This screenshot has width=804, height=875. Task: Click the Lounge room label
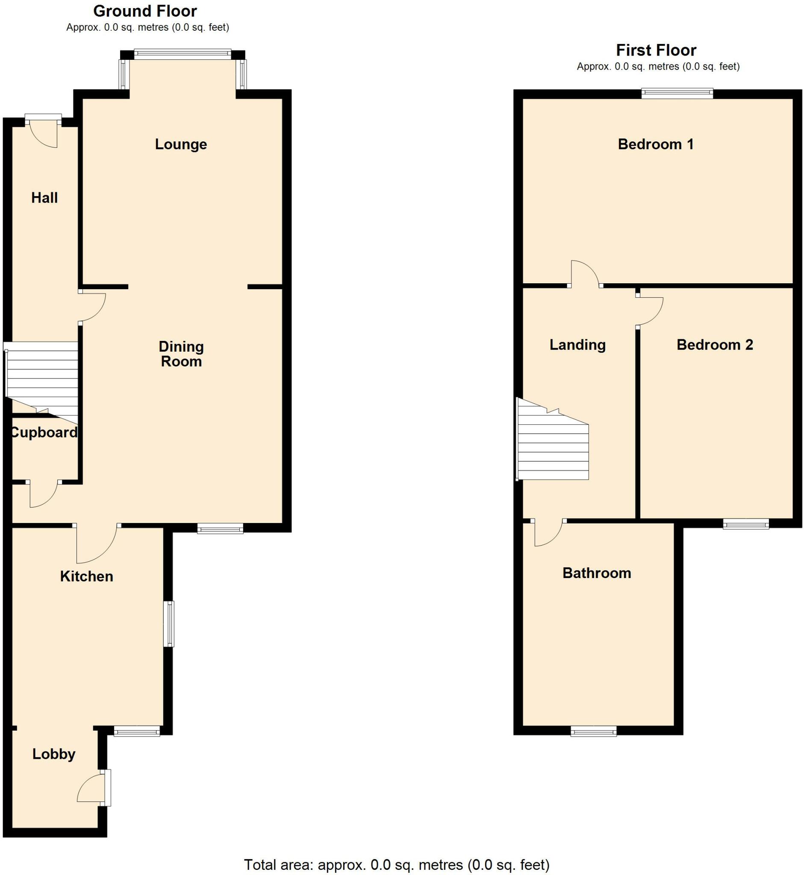pyautogui.click(x=180, y=144)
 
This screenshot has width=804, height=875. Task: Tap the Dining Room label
pyautogui.click(x=181, y=354)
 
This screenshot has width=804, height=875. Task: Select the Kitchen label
pyautogui.click(x=87, y=576)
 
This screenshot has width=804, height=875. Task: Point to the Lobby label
pyautogui.click(x=54, y=754)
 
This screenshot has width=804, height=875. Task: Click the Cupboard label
pyautogui.click(x=44, y=432)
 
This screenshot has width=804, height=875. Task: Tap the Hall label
pyautogui.click(x=44, y=198)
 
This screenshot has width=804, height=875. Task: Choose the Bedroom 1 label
pyautogui.click(x=656, y=144)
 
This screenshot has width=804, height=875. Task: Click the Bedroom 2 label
pyautogui.click(x=714, y=345)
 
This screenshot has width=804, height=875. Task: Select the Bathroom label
pyautogui.click(x=596, y=573)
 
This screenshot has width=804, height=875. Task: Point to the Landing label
pyautogui.click(x=577, y=345)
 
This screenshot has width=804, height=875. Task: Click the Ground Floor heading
pyautogui.click(x=145, y=11)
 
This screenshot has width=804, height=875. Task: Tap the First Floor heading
pyautogui.click(x=656, y=50)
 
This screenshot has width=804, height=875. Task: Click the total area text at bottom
pyautogui.click(x=396, y=864)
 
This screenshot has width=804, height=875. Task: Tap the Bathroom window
pyautogui.click(x=593, y=731)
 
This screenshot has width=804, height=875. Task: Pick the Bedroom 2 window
pyautogui.click(x=746, y=524)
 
